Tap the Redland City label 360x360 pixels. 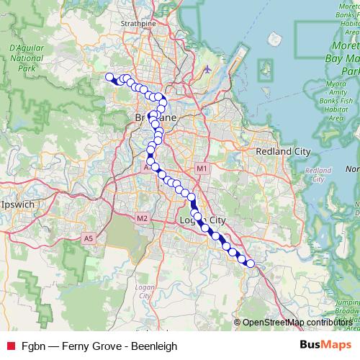coord(283,152)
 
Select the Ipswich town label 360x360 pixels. coord(19,204)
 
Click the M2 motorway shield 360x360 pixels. coord(142,217)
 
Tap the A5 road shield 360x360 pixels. coord(89,238)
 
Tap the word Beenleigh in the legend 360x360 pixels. coord(153,346)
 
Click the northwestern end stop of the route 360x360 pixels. coord(109,77)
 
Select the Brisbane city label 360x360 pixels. coord(156,117)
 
